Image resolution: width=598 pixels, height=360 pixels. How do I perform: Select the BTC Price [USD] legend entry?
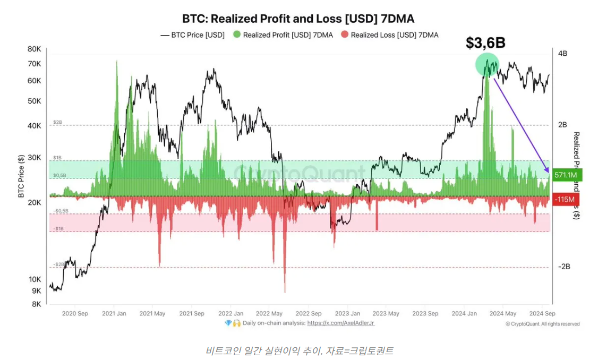(x=192, y=35)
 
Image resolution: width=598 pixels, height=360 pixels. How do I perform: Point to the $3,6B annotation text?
(x=485, y=44)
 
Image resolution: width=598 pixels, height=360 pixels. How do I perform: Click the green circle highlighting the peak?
(x=487, y=65)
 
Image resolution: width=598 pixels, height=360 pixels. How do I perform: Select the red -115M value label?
(x=566, y=199)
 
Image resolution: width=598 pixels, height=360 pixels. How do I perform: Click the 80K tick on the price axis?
(x=35, y=49)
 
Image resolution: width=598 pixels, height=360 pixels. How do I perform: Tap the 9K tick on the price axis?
(x=36, y=291)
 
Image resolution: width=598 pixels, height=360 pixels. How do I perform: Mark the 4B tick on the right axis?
(x=563, y=54)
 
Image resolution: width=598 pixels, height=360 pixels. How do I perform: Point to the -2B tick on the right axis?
(x=563, y=267)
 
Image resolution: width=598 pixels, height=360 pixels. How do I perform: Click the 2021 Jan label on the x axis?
(x=113, y=313)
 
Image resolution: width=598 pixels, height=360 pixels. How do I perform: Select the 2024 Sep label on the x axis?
(x=543, y=313)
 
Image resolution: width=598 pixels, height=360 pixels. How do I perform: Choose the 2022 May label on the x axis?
(x=269, y=313)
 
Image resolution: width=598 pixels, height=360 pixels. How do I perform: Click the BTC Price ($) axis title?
(x=21, y=176)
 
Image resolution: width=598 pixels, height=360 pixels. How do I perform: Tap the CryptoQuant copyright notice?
(x=542, y=324)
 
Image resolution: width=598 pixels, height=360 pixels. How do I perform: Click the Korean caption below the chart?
(x=299, y=350)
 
